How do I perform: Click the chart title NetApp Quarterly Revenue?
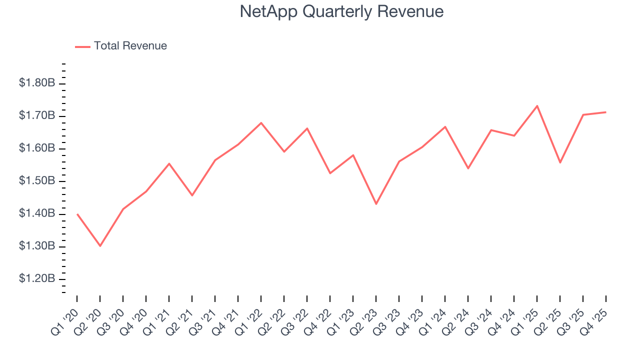(x=341, y=11)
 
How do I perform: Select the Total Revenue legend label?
(x=130, y=46)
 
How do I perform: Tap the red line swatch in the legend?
(x=82, y=46)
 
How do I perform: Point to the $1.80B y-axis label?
(x=37, y=83)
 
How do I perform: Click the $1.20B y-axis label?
(x=37, y=278)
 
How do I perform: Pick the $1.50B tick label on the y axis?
(x=37, y=181)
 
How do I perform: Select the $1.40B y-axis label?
(x=37, y=213)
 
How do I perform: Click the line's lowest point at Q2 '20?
(x=100, y=246)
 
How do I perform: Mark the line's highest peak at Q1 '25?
(x=537, y=105)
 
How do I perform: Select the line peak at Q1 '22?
(x=261, y=122)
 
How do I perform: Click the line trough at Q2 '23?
(x=376, y=204)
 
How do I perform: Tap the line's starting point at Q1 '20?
(x=77, y=214)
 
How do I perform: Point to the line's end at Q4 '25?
(x=606, y=112)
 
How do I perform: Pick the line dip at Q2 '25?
(x=560, y=162)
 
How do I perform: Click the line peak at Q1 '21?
(x=169, y=163)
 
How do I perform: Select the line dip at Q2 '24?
(x=468, y=168)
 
